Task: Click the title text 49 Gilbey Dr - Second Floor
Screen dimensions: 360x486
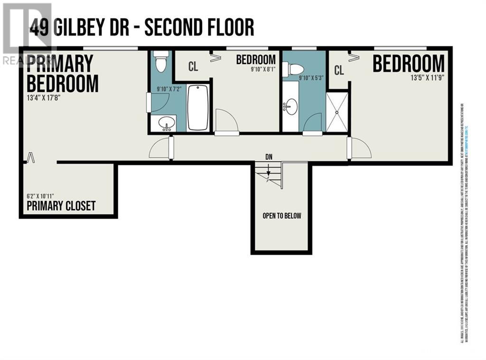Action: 141,28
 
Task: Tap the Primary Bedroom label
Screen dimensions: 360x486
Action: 62,74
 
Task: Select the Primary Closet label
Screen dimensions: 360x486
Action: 61,206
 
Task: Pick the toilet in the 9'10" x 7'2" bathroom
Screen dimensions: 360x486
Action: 161,62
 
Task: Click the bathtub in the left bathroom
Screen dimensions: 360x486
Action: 198,108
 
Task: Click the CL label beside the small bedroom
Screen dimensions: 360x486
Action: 193,66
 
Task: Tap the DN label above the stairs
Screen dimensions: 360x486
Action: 269,157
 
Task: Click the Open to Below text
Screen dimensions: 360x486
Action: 282,216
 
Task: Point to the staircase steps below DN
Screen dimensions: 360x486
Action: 268,175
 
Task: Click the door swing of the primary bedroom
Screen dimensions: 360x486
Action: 159,148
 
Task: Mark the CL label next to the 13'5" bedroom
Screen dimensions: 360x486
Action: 339,71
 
